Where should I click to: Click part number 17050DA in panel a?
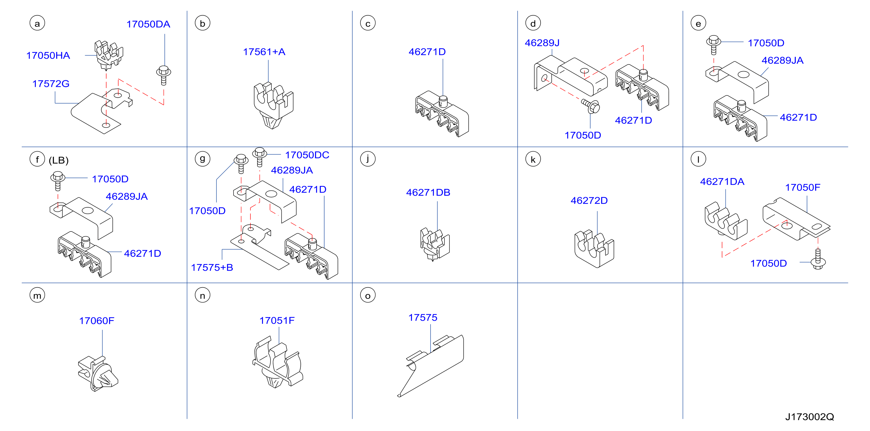[148, 24]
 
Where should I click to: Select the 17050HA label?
[48, 55]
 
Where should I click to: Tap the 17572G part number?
[51, 84]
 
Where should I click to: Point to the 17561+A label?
[264, 52]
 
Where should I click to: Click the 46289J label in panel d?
[542, 43]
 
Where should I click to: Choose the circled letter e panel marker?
[698, 23]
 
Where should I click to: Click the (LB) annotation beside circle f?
[59, 160]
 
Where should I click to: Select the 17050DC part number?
[307, 155]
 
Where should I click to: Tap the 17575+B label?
[212, 267]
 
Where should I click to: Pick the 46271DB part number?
[428, 193]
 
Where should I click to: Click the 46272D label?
[589, 201]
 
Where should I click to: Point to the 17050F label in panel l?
[802, 187]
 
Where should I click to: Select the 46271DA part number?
[722, 182]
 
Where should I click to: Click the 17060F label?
[97, 321]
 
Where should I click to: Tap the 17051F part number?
[277, 321]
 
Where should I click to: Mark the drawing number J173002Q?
[810, 417]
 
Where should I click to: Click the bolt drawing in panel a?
[164, 75]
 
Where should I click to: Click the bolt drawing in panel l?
[818, 259]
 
